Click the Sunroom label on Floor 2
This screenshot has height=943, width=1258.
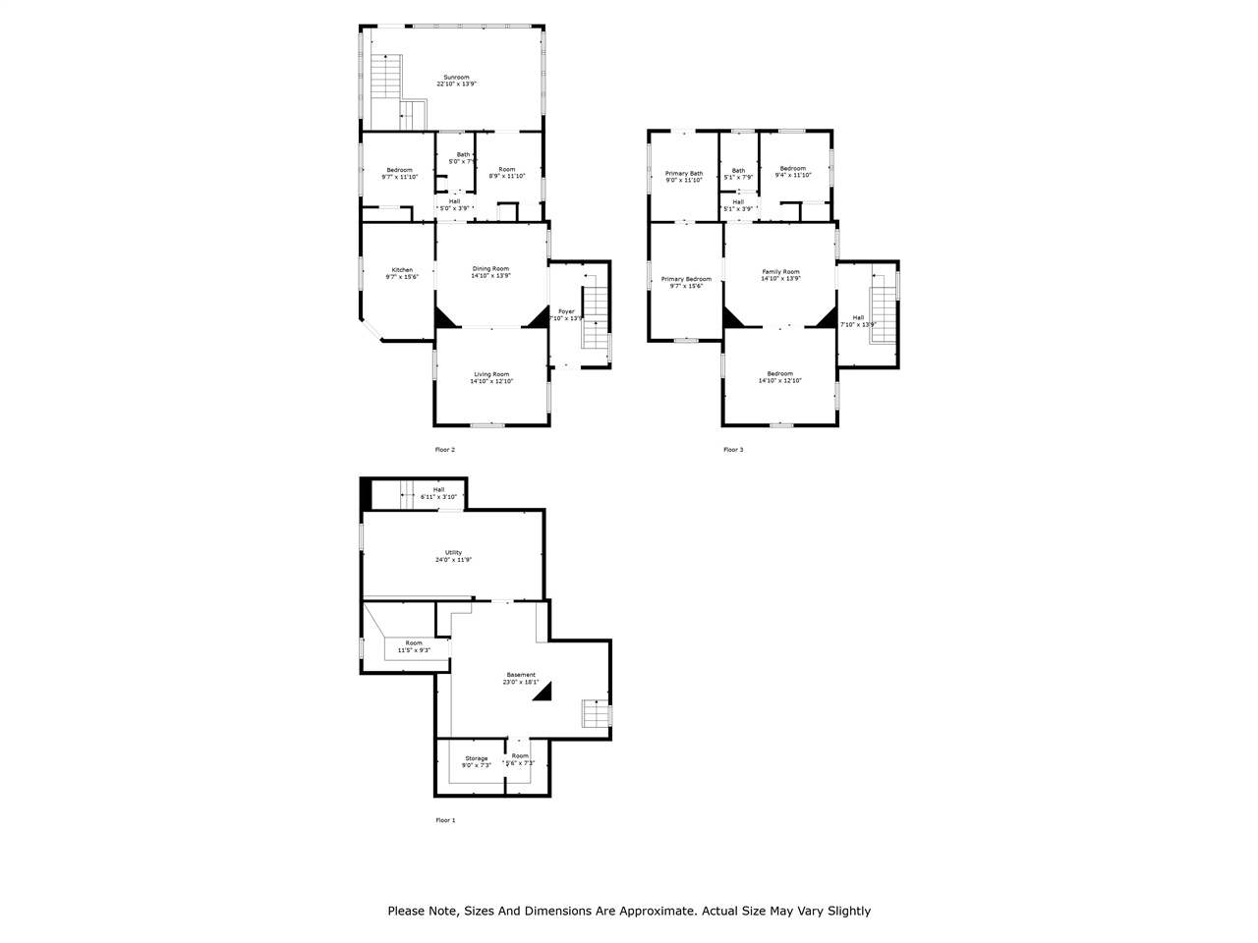pyautogui.click(x=456, y=78)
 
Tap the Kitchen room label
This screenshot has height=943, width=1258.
pyautogui.click(x=402, y=270)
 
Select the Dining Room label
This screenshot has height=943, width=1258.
pyautogui.click(x=490, y=269)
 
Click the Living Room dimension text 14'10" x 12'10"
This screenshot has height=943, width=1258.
pyautogui.click(x=491, y=381)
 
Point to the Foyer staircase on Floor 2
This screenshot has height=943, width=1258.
pyautogui.click(x=596, y=314)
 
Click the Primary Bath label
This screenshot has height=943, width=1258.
pyautogui.click(x=684, y=173)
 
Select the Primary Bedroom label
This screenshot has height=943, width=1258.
pyautogui.click(x=686, y=279)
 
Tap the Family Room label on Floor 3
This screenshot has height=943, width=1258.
pyautogui.click(x=780, y=272)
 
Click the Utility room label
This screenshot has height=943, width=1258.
pyautogui.click(x=453, y=553)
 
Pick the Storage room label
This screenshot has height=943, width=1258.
pyautogui.click(x=477, y=758)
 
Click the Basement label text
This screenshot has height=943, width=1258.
pyautogui.click(x=521, y=675)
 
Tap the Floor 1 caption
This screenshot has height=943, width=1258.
pyautogui.click(x=445, y=820)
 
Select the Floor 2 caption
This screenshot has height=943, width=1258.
pyautogui.click(x=445, y=450)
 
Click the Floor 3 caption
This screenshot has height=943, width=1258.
pyautogui.click(x=733, y=450)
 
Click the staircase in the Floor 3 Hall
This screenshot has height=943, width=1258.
pyautogui.click(x=883, y=306)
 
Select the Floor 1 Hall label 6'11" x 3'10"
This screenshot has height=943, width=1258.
pyautogui.click(x=438, y=497)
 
